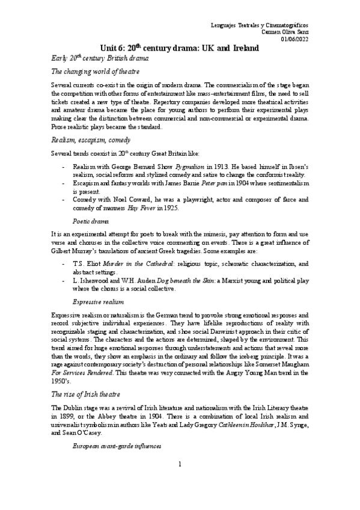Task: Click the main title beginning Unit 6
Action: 180,48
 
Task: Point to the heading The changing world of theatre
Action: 95,72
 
